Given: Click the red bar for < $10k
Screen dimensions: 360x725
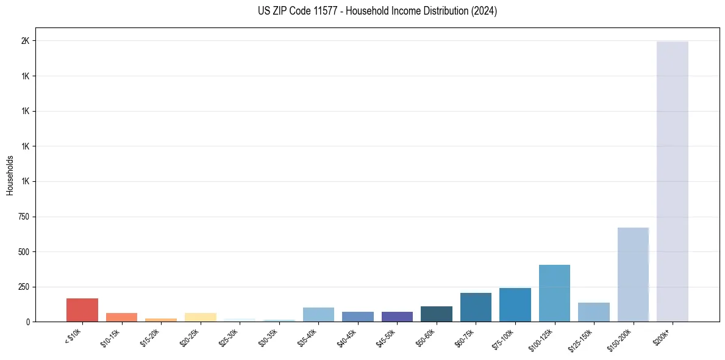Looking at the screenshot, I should (82, 310).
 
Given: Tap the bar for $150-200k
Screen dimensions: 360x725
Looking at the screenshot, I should (633, 275).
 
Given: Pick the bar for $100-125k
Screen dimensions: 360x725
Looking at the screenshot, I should (554, 293).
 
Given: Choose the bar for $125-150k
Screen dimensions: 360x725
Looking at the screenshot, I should (594, 312).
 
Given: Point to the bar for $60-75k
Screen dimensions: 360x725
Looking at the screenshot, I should (476, 307).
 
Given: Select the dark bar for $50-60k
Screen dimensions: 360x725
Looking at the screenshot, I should (437, 314).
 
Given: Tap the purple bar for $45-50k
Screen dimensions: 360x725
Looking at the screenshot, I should (397, 317).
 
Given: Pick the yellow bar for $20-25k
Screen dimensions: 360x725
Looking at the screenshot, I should (201, 317).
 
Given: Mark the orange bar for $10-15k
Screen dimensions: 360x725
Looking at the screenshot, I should (122, 317).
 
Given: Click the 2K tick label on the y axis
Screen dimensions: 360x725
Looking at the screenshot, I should (24, 41).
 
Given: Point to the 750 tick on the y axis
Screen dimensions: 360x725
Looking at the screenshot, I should (23, 217).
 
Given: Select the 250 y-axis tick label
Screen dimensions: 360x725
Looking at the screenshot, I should (23, 287).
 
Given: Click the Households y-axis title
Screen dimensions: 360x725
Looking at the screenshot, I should (10, 175).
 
